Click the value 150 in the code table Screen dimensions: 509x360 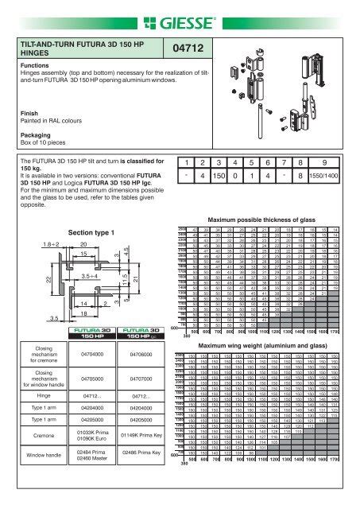[221, 194]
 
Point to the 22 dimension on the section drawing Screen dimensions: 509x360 [25, 282]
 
